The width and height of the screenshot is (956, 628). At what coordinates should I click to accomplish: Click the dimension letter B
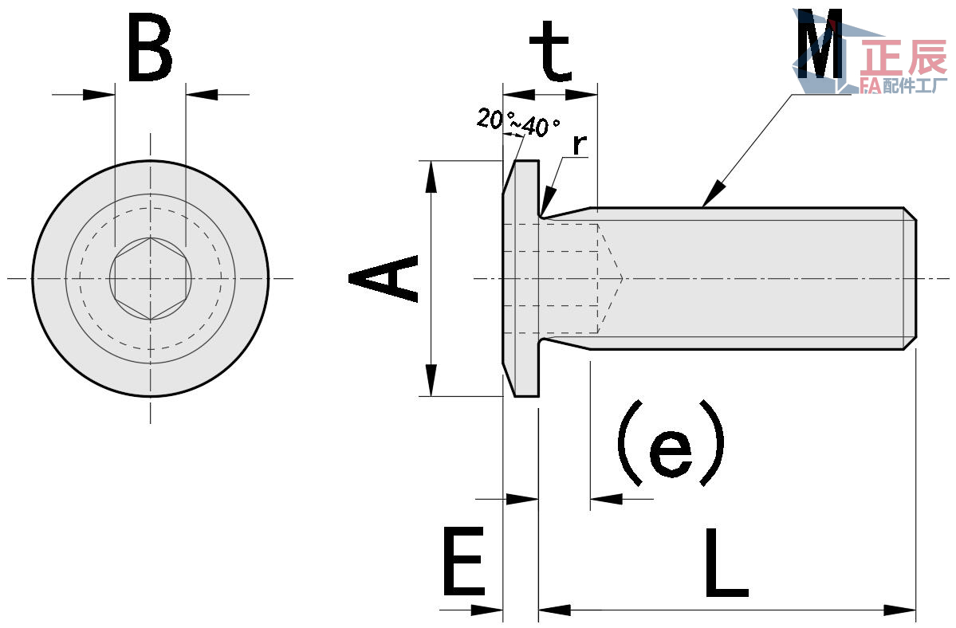pyautogui.click(x=150, y=49)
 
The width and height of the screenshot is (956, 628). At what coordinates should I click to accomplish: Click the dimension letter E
pyautogui.click(x=464, y=562)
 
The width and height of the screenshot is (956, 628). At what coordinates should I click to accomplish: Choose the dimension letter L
pyautogui.click(x=726, y=562)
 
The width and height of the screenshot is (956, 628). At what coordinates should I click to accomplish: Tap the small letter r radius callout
pyautogui.click(x=580, y=144)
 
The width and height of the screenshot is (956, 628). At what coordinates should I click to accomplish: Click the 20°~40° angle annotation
pyautogui.click(x=518, y=122)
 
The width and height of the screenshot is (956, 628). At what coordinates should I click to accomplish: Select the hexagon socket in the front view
pyautogui.click(x=151, y=278)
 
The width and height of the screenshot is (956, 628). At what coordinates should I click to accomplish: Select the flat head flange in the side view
pyautogui.click(x=521, y=278)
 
